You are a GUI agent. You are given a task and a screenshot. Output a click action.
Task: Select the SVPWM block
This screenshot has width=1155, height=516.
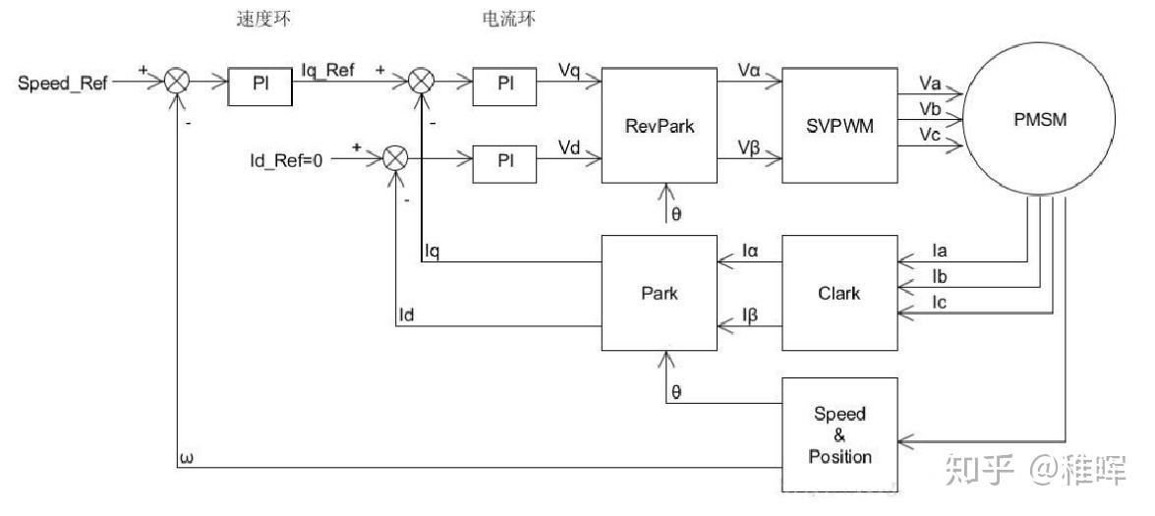tap(838, 125)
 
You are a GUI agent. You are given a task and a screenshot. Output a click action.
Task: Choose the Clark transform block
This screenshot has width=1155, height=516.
tap(838, 293)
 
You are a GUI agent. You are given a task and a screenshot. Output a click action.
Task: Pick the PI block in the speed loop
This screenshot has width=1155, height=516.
tap(260, 86)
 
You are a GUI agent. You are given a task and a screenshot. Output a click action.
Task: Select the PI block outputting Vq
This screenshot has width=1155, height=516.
tap(505, 86)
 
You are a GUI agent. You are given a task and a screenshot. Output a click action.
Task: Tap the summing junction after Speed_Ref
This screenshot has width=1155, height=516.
tap(177, 83)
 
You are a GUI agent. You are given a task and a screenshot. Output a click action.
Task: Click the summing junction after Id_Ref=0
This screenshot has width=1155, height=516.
tap(395, 158)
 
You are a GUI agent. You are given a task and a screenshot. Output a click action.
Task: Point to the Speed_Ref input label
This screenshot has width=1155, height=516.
tap(63, 83)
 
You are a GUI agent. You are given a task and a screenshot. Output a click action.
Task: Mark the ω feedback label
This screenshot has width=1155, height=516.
tap(188, 458)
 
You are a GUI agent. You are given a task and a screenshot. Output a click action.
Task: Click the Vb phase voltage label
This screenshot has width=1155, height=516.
tap(930, 106)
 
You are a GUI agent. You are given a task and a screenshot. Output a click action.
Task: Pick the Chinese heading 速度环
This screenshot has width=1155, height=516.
tap(261, 20)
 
